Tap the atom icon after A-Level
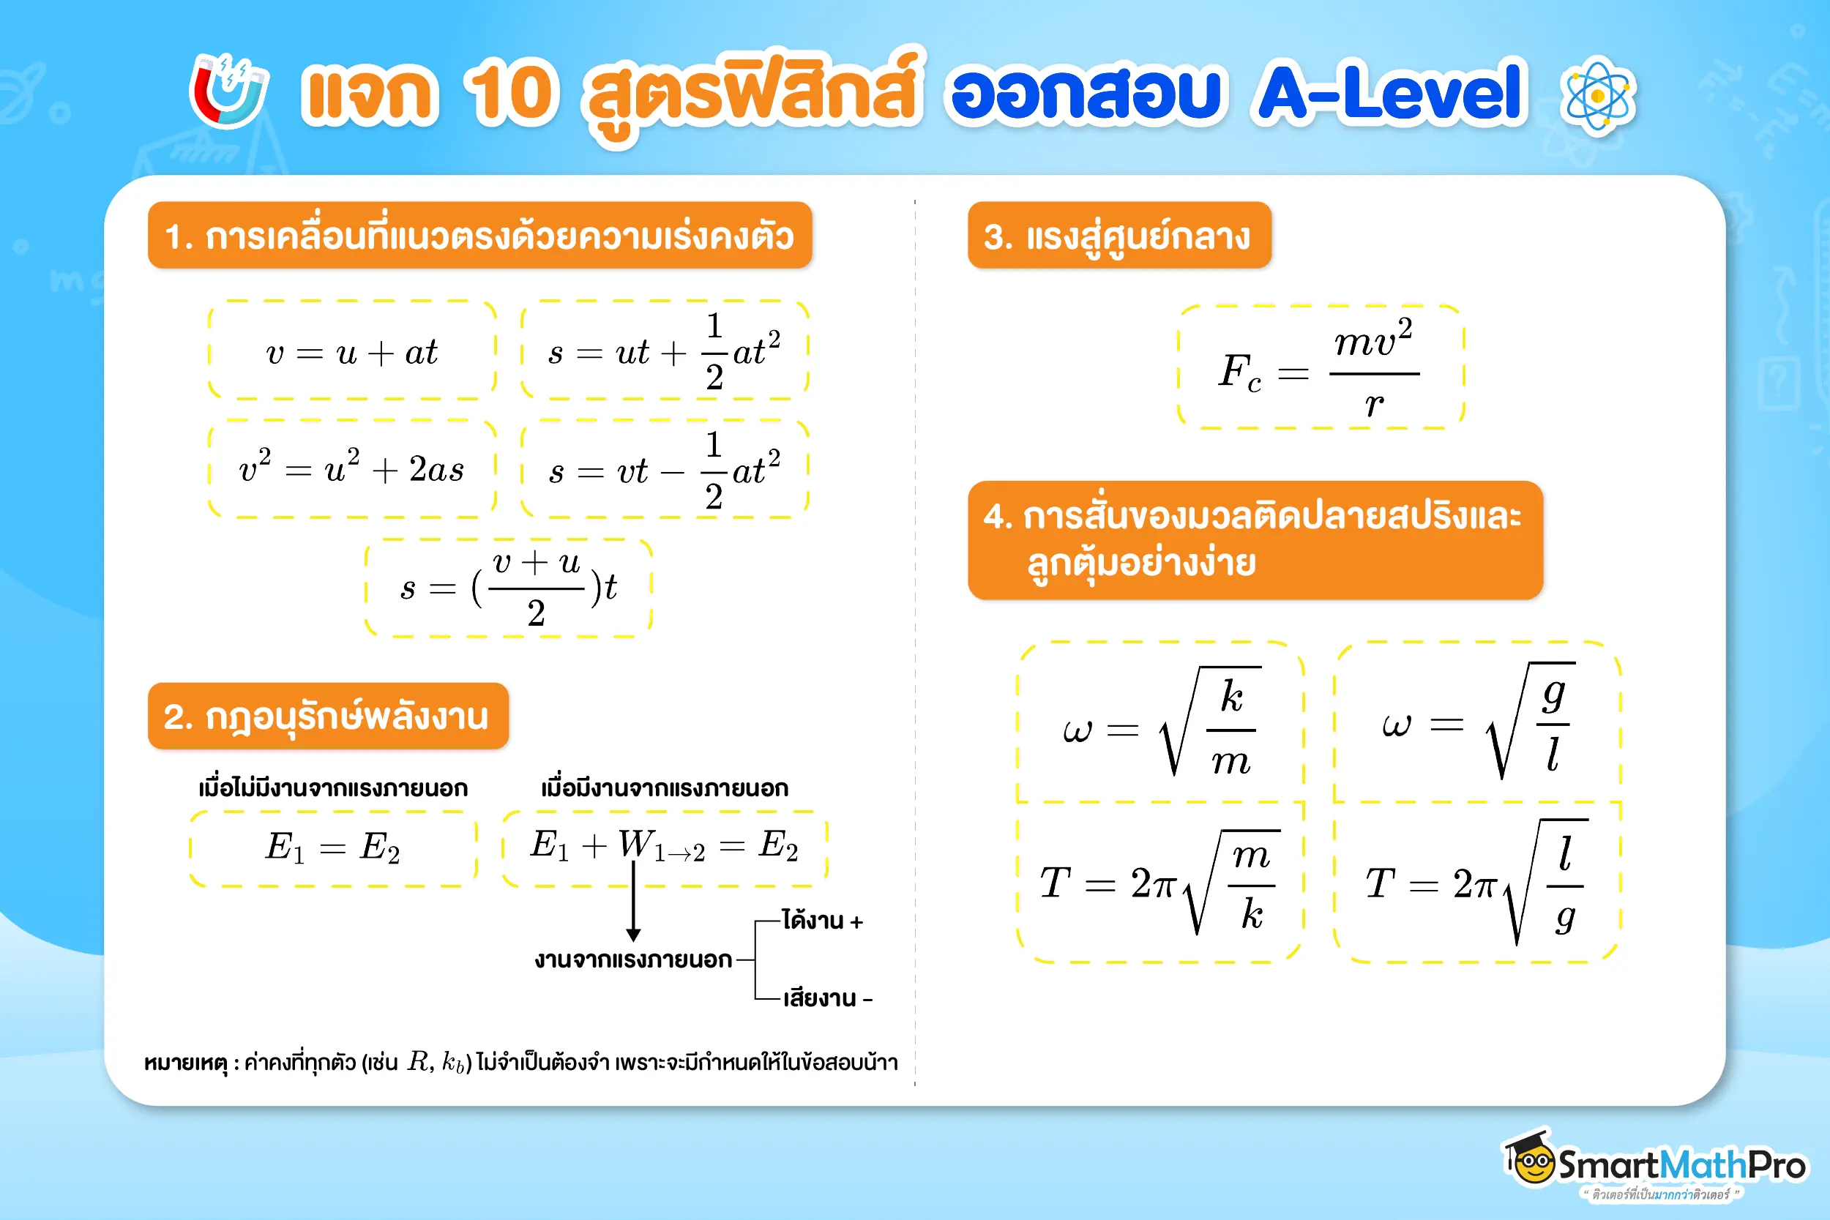click(x=1598, y=97)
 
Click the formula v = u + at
click(x=351, y=353)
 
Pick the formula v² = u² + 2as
click(x=351, y=469)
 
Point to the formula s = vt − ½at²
click(x=664, y=470)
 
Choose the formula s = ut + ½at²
click(x=664, y=352)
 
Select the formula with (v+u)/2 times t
click(x=508, y=588)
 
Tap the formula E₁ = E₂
click(x=333, y=847)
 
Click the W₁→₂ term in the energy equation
click(x=661, y=846)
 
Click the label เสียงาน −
click(x=827, y=998)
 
